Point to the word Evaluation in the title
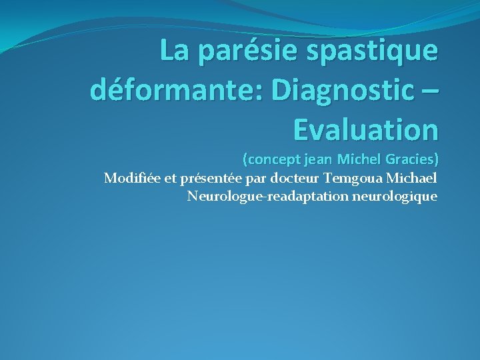point(366,129)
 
